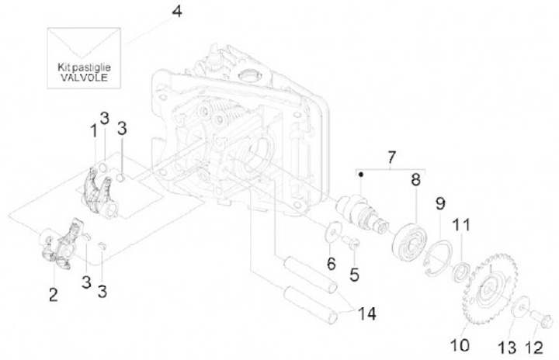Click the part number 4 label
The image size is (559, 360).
pyautogui.click(x=178, y=12)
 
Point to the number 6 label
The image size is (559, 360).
pyautogui.click(x=332, y=264)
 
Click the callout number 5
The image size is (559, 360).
pyautogui.click(x=354, y=274)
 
